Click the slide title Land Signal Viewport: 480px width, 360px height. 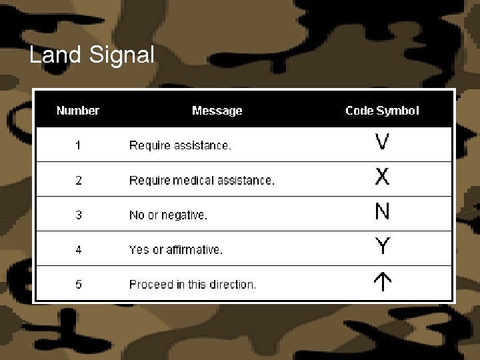92,55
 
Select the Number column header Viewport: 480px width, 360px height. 78,111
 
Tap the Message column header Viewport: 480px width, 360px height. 217,111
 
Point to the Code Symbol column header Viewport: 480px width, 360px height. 382,111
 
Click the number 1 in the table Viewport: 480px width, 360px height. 78,145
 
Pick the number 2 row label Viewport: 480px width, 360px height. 78,180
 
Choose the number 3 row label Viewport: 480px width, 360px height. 78,215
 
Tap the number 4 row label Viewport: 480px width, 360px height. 78,249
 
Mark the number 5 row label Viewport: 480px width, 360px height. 78,284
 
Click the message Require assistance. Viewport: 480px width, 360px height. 180,145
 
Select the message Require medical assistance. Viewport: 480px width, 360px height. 201,180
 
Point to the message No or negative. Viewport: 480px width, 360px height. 168,215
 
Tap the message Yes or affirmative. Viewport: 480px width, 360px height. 176,249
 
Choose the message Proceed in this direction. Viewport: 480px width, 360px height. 193,284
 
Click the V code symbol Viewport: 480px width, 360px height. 382,142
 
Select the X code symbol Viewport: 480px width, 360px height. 382,177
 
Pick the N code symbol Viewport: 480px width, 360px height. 382,212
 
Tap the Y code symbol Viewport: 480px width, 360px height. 382,247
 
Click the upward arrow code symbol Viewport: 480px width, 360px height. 382,283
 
